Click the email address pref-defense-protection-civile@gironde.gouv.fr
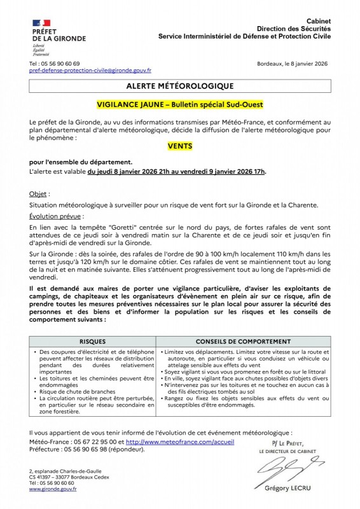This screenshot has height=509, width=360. pos(90,72)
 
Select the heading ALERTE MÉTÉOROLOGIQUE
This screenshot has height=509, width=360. pos(180,86)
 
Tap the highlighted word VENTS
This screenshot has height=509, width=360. pos(180,146)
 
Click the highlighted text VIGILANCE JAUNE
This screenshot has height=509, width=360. pos(132,104)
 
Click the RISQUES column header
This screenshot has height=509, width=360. pos(93,342)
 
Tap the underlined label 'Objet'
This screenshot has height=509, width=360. pos(39,193)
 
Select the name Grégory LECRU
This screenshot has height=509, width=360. pos(291,488)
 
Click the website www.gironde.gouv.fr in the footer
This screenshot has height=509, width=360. pos(53,489)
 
